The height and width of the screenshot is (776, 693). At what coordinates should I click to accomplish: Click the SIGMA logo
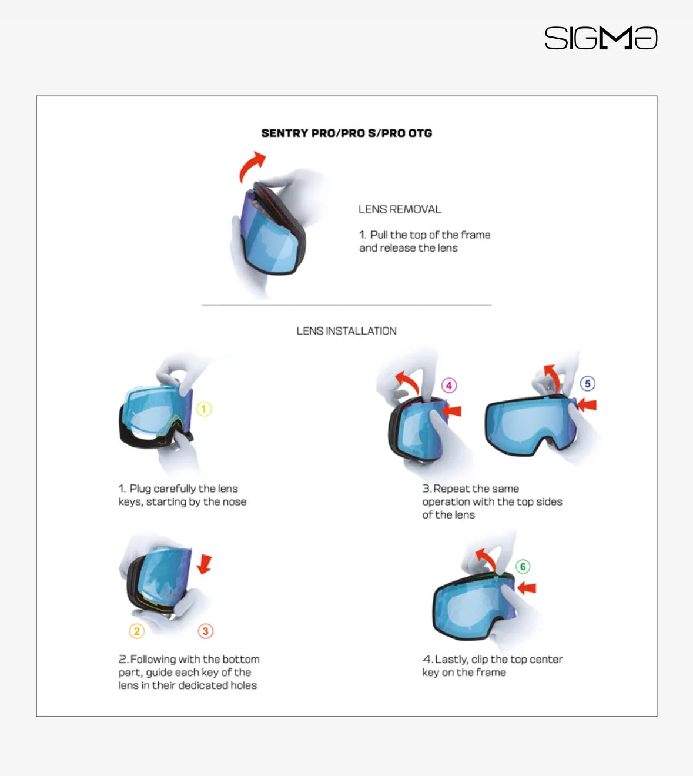point(601,38)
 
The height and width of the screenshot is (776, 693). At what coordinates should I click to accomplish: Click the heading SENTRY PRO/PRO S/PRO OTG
point(346,133)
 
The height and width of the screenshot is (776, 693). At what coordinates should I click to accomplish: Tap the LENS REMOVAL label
point(400,209)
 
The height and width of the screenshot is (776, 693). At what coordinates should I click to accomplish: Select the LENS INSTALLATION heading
point(346,331)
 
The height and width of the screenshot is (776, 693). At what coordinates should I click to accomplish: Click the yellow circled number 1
point(204,409)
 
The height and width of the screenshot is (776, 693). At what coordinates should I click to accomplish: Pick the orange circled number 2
point(137,631)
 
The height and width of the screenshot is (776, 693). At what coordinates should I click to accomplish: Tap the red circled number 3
point(205,631)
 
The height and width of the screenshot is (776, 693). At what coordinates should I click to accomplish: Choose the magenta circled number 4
point(449,385)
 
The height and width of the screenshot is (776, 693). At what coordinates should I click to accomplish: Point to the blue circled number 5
point(587,383)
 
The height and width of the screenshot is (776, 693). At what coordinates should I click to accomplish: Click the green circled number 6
point(523,567)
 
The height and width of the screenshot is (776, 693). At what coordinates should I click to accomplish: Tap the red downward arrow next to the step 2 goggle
point(205,564)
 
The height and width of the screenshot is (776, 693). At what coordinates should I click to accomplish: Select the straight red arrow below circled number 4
point(451,411)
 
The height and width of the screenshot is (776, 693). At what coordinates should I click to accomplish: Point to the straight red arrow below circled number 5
point(587,404)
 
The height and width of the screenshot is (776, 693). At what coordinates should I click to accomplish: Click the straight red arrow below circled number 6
point(526,588)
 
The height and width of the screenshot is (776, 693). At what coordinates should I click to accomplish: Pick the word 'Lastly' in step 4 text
point(451,660)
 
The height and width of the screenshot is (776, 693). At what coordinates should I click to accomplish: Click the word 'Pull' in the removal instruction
point(379,235)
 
